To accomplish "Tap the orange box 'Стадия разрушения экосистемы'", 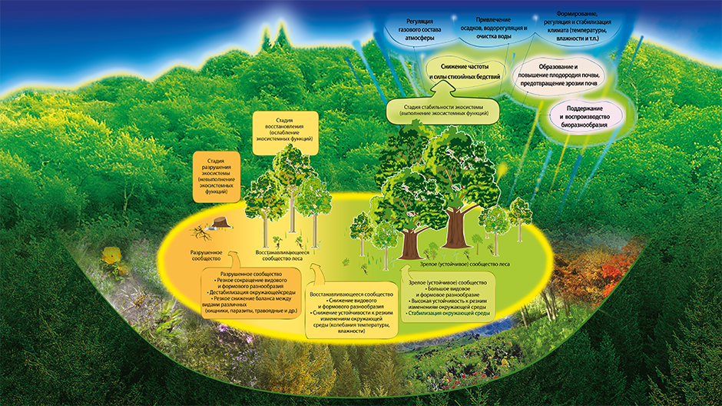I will pos(217,175).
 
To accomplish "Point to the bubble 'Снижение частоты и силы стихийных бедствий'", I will pos(462,72).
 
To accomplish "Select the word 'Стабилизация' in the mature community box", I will pos(438,314).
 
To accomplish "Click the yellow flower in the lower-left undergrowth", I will pos(114,256).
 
